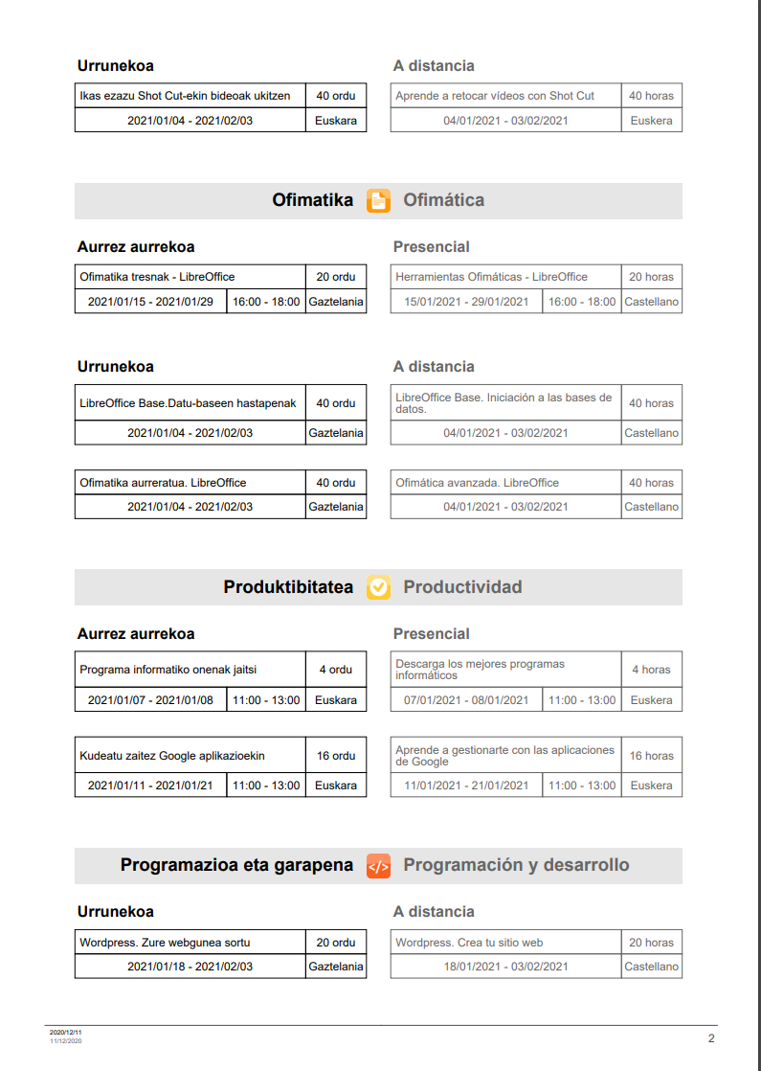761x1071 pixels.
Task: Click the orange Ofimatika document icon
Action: tap(379, 200)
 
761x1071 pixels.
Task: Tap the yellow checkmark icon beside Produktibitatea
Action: tap(379, 587)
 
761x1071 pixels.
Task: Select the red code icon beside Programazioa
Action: tap(379, 866)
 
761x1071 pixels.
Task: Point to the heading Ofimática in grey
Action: tap(444, 200)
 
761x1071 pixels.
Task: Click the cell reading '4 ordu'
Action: tap(336, 670)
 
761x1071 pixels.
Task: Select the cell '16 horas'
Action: tap(651, 756)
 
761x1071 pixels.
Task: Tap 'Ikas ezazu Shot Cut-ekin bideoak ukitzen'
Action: tap(185, 96)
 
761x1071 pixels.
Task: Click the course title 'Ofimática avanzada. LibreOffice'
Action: tap(478, 483)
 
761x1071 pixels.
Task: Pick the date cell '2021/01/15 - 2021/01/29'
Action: tap(150, 302)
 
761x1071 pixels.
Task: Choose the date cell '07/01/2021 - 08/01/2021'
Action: tap(466, 700)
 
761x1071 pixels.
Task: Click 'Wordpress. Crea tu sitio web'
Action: tap(469, 943)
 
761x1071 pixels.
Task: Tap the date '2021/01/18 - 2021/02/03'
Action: tap(190, 967)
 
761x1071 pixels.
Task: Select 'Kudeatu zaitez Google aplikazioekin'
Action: tap(172, 756)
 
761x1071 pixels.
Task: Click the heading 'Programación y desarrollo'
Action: tap(516, 866)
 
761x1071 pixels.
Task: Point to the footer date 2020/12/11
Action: tap(59, 1032)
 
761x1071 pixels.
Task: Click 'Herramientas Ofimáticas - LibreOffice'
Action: tap(492, 277)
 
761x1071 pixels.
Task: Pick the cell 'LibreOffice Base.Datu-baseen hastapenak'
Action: tap(188, 403)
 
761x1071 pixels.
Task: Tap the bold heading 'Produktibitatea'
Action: tap(288, 587)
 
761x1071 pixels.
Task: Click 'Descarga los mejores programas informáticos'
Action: tap(481, 670)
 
